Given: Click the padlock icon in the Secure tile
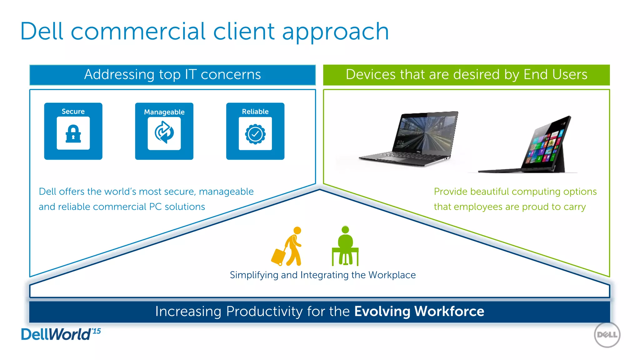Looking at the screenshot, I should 73,134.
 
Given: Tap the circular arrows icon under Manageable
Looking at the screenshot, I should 164,133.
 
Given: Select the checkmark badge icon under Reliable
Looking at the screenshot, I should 255,134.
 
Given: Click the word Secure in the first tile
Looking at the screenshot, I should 73,112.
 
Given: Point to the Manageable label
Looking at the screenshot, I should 164,112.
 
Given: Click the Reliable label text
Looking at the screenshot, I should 255,112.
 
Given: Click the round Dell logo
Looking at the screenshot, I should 607,335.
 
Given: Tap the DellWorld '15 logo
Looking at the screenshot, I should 61,334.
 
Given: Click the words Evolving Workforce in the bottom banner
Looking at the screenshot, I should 419,311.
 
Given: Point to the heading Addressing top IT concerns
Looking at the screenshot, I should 172,75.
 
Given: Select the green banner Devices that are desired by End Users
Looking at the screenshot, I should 466,75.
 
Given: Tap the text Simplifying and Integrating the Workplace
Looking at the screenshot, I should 322,275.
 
